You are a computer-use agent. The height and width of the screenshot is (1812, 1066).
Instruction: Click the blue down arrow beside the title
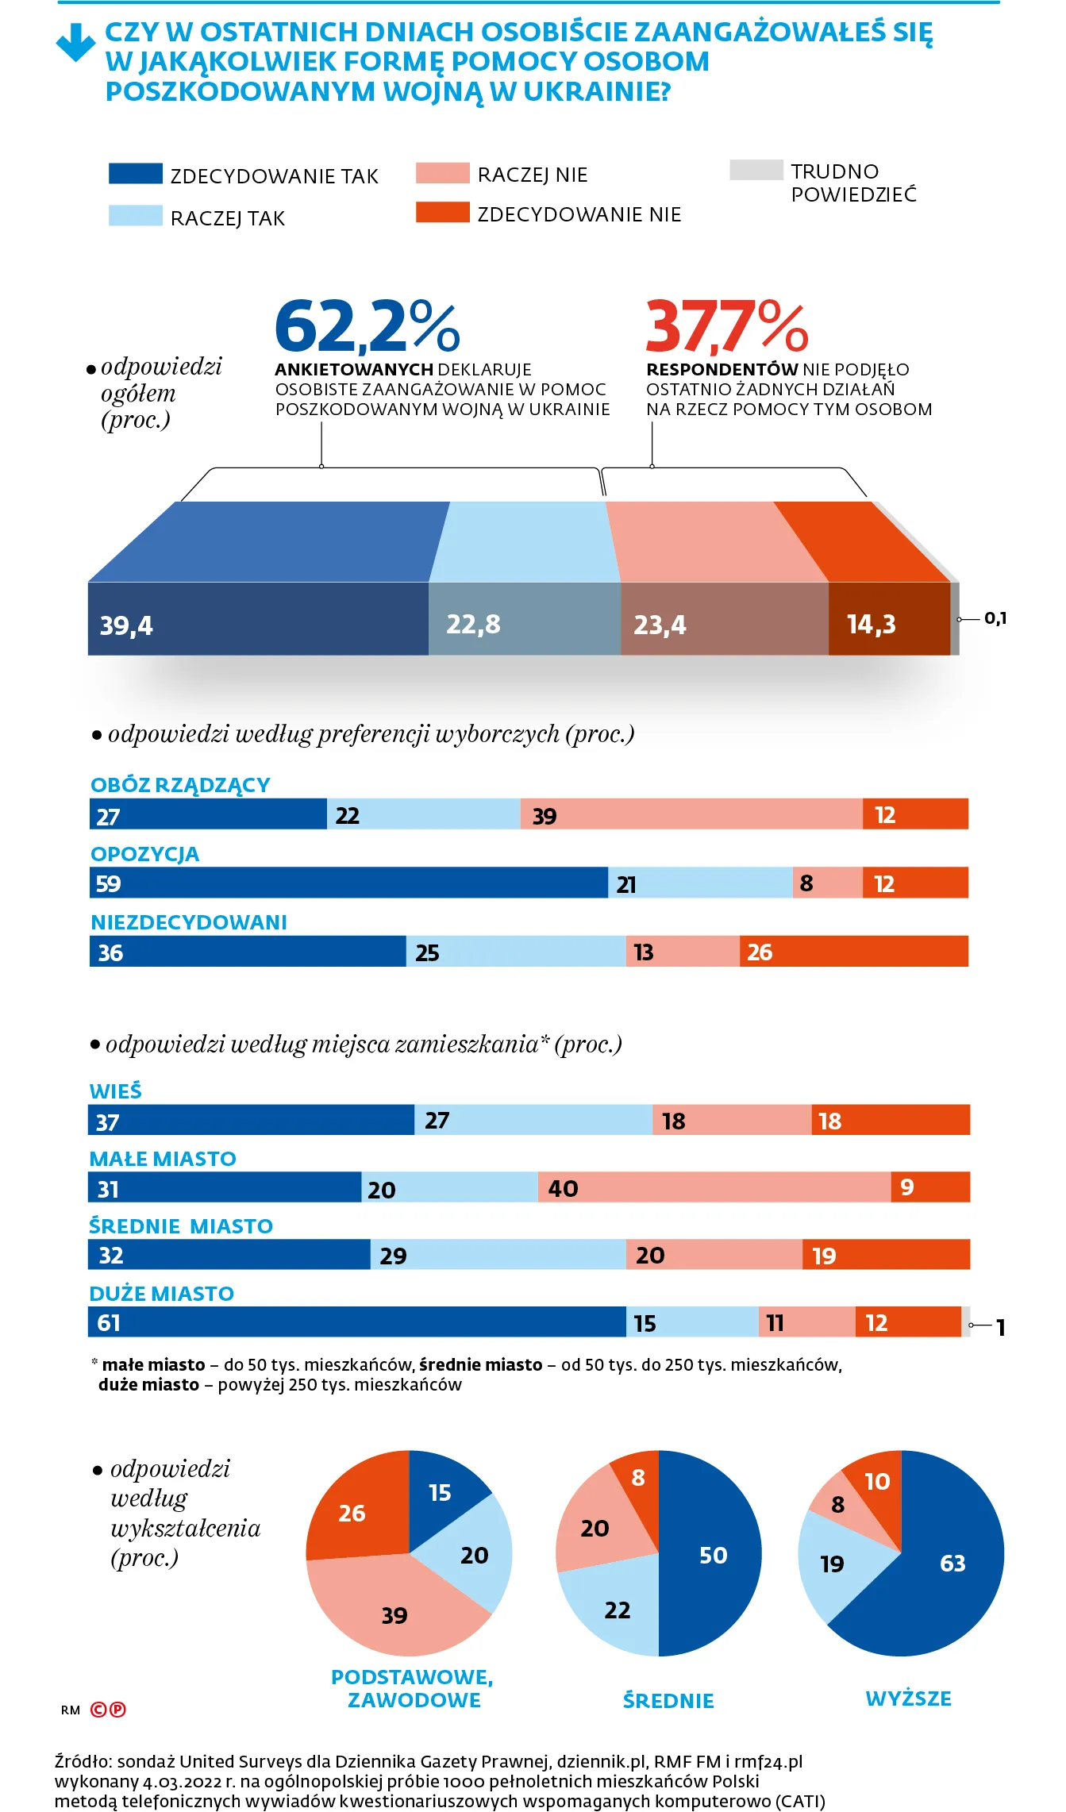click(x=75, y=42)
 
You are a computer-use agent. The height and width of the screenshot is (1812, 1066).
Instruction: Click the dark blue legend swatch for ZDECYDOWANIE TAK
click(x=135, y=174)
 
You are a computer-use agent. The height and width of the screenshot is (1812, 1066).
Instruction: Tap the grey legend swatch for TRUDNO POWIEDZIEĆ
click(x=756, y=170)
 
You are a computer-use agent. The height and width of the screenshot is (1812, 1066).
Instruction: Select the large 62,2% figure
click(x=367, y=325)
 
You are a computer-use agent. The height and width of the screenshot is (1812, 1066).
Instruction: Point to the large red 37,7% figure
click(x=727, y=325)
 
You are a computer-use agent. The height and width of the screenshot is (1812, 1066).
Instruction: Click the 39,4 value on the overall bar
click(x=126, y=625)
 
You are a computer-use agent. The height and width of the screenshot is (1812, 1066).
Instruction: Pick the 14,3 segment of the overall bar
click(x=889, y=618)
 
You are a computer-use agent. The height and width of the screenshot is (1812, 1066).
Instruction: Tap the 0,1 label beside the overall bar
click(x=995, y=617)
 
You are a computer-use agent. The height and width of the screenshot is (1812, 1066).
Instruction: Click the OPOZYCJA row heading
click(x=144, y=854)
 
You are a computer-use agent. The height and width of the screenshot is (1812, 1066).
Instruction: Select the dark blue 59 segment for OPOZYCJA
click(x=348, y=883)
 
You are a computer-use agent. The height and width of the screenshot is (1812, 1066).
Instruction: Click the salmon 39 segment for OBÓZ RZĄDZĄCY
click(x=691, y=814)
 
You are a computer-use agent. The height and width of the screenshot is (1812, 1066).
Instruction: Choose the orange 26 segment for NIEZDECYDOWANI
click(x=853, y=951)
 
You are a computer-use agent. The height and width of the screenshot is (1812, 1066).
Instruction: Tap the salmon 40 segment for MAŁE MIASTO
click(x=714, y=1187)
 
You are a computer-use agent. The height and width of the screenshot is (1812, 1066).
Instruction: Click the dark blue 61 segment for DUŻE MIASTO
click(x=357, y=1321)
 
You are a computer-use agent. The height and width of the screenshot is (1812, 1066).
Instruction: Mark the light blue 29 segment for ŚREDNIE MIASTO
click(x=498, y=1254)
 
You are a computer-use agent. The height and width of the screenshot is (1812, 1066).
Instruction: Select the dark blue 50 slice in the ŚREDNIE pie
click(x=710, y=1553)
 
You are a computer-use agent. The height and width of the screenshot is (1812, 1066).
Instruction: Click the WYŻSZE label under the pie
click(x=908, y=1699)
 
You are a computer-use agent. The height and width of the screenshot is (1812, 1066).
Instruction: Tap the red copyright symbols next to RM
click(x=108, y=1710)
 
